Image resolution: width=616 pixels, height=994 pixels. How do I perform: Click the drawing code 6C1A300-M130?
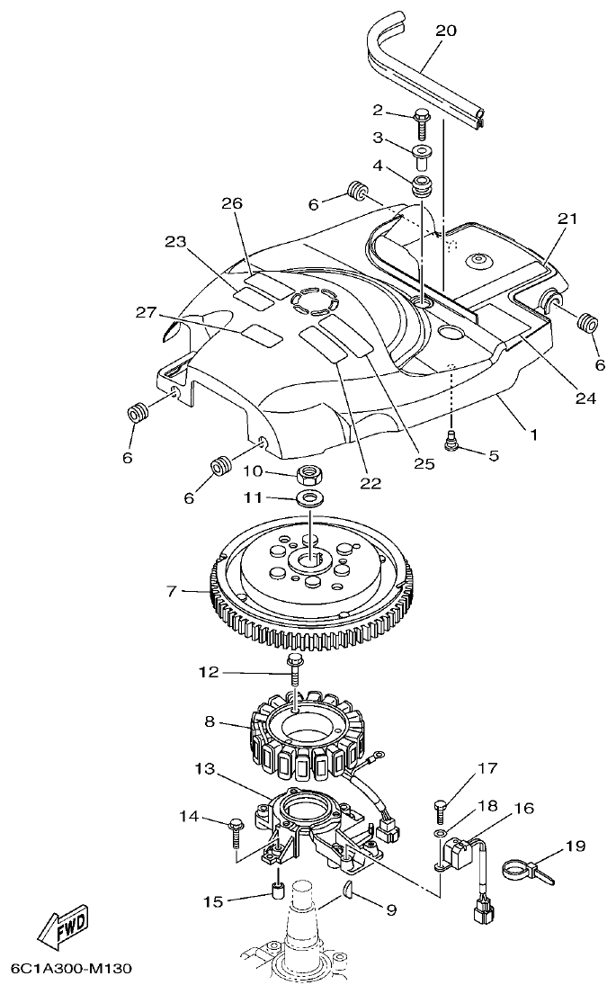(71, 969)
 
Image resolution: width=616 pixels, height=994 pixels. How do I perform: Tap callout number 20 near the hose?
(445, 31)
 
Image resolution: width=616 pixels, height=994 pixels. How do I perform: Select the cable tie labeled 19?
(527, 870)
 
